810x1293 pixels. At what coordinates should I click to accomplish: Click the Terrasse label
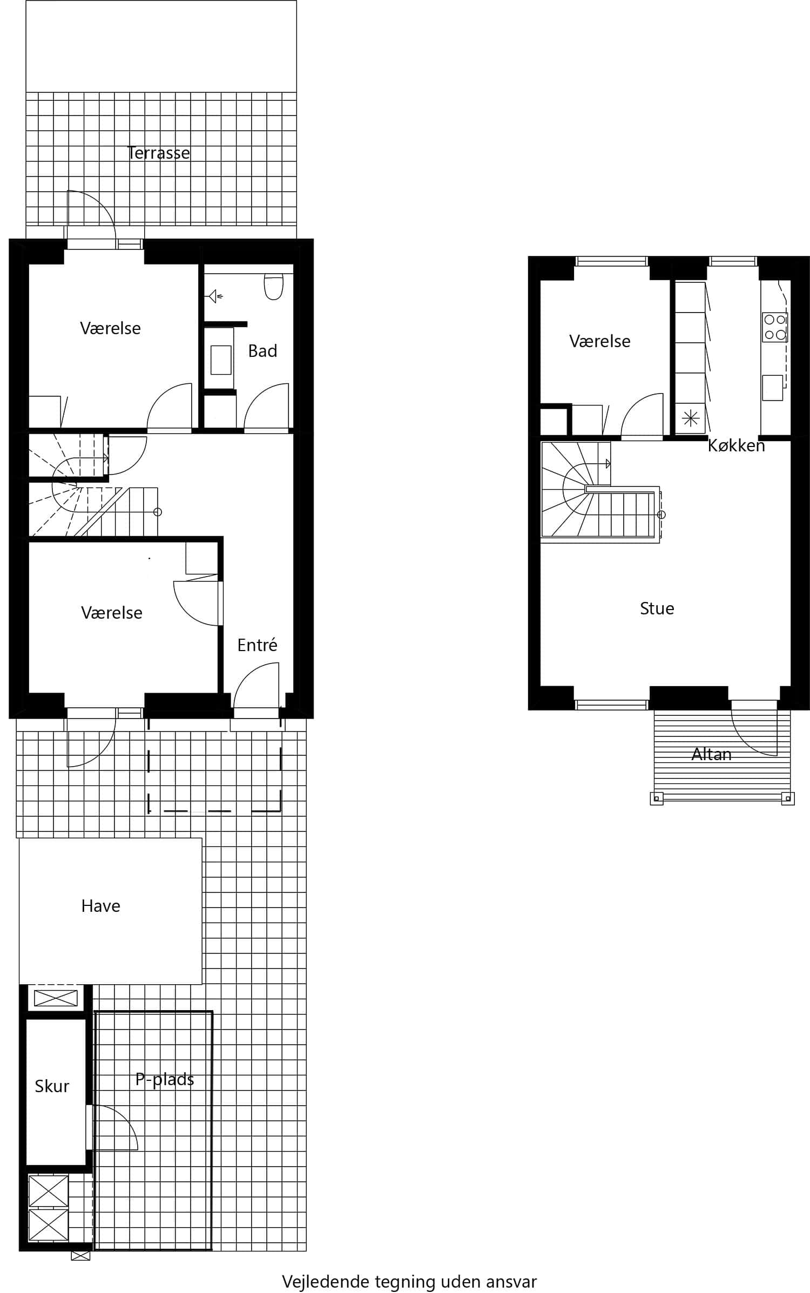[x=158, y=153]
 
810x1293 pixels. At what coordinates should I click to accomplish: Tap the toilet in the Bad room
[x=274, y=287]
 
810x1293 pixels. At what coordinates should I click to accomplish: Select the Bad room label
[x=262, y=351]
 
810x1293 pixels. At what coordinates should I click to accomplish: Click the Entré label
[x=257, y=645]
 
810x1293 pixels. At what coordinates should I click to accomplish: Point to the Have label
[x=100, y=906]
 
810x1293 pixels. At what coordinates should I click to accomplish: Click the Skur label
[x=52, y=1086]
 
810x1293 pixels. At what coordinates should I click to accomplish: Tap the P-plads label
[x=165, y=1079]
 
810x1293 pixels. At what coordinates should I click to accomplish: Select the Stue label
[x=657, y=608]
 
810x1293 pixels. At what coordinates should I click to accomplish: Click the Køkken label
[x=736, y=445]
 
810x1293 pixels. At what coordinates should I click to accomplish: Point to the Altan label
[x=711, y=754]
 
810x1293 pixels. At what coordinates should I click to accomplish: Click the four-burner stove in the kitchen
[x=774, y=327]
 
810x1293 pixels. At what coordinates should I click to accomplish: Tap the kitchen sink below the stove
[x=772, y=388]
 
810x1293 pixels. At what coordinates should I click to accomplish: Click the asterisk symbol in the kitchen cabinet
[x=691, y=418]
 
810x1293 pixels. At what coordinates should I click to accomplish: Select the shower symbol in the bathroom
[x=215, y=296]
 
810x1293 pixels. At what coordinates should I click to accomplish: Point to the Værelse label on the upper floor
[x=599, y=341]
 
